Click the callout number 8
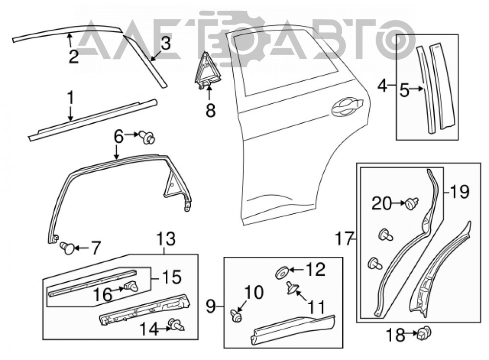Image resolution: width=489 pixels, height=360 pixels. point(211,110)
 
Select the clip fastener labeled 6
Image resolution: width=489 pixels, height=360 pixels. point(148,137)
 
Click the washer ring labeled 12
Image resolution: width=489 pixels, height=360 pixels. point(282,272)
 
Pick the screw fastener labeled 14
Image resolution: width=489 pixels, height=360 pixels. point(176,325)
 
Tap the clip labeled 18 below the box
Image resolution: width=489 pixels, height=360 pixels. point(425,333)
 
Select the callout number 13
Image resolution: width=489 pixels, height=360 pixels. point(166,239)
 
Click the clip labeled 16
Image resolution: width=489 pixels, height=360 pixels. point(131,286)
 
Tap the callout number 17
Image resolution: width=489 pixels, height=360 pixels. point(345,239)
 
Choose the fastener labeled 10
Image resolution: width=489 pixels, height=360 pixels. point(237,315)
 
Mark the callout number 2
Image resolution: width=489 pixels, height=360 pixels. point(74,56)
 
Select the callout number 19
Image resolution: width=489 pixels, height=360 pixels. point(459,192)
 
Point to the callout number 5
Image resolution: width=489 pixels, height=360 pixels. point(404,91)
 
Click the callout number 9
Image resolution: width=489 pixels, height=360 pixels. point(211,306)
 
